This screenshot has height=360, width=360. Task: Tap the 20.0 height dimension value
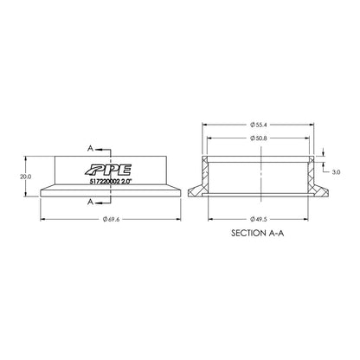point(24,177)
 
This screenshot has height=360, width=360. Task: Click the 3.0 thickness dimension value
point(336,171)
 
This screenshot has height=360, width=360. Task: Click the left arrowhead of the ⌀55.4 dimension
point(205,124)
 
